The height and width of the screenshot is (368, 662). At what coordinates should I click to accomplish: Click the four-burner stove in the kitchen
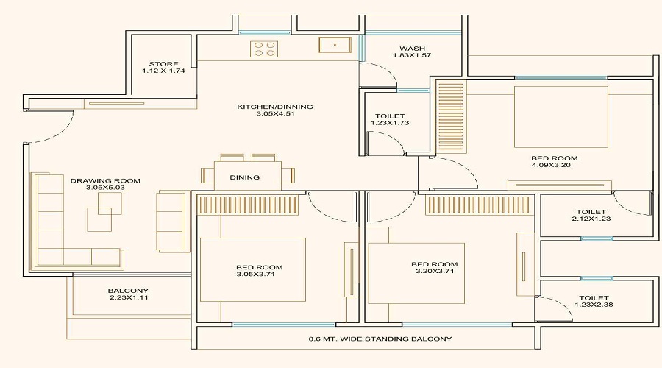pos(266,49)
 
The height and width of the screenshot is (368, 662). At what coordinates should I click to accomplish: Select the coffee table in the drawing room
pos(101,219)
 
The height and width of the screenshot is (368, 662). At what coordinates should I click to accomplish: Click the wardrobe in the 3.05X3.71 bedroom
pos(246,205)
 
